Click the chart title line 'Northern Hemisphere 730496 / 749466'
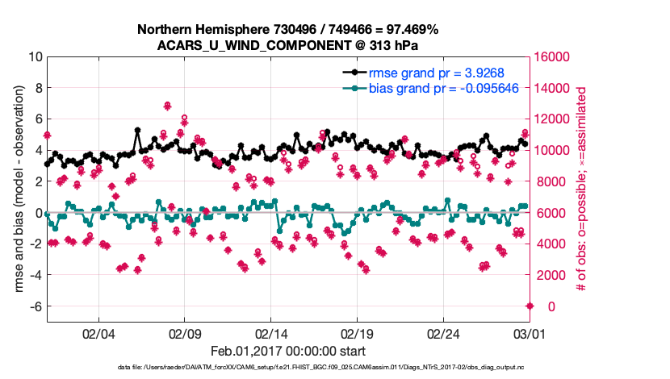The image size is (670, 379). coord(287,29)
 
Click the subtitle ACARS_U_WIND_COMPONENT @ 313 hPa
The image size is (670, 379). coord(287,44)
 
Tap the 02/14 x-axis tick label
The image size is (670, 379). coord(272,333)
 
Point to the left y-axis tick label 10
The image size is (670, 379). coord(34,57)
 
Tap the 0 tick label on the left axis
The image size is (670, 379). coord(38,213)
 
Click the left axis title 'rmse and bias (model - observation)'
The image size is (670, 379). coord(15,189)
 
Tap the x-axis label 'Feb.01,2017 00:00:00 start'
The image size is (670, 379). coord(287,351)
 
